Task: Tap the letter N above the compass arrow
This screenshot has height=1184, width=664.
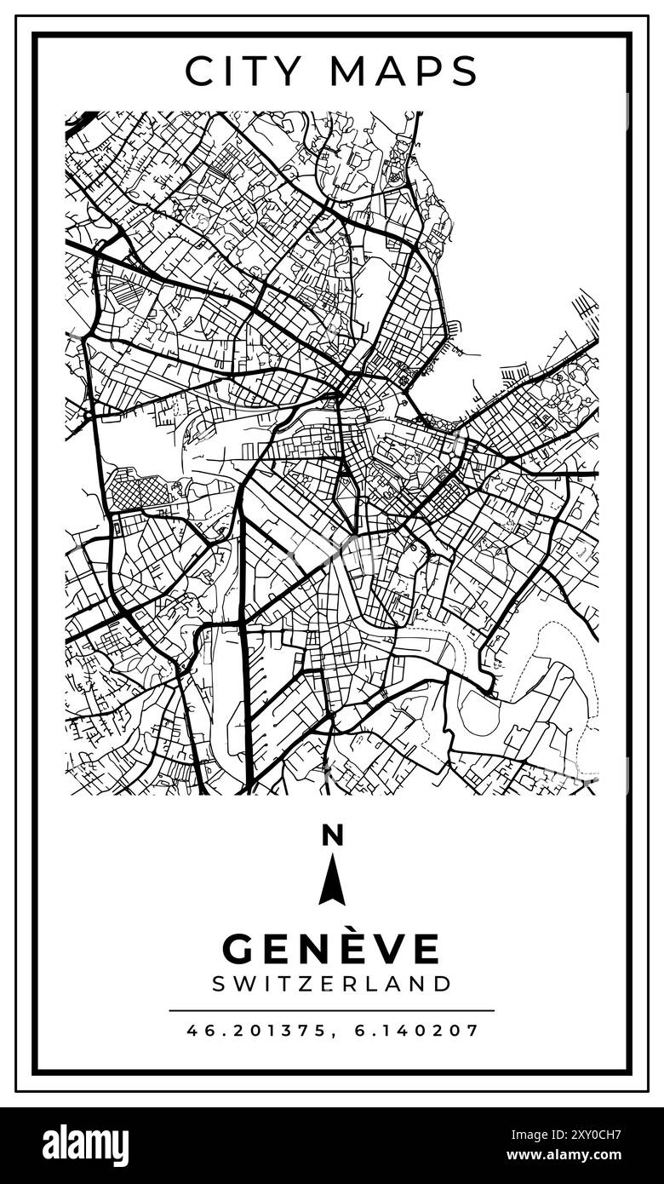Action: [x=332, y=836]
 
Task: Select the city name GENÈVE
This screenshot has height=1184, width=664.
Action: [x=332, y=949]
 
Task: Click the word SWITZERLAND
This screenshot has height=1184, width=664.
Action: [x=332, y=984]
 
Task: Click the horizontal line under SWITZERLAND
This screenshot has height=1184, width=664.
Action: [x=332, y=1010]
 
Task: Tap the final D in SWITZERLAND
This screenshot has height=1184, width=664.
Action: [x=442, y=984]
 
